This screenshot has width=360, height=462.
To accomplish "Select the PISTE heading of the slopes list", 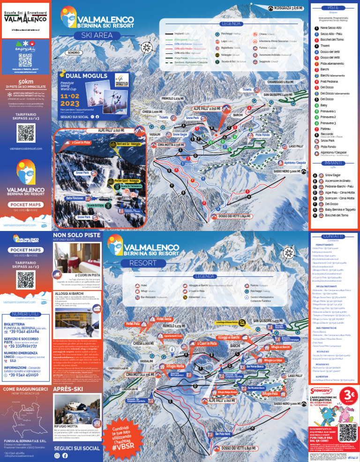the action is [x=334, y=8].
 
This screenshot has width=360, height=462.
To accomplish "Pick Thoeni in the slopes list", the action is [x=326, y=45].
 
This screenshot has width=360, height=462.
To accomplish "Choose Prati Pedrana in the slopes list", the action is [x=330, y=81].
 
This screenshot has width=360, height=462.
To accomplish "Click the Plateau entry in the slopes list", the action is [x=327, y=128].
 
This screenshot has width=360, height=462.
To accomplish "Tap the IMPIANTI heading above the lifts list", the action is [x=334, y=163].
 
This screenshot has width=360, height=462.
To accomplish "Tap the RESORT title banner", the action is [x=140, y=262].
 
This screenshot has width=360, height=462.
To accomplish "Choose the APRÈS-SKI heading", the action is [x=68, y=388].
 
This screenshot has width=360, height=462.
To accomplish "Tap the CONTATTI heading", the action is [x=334, y=236].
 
